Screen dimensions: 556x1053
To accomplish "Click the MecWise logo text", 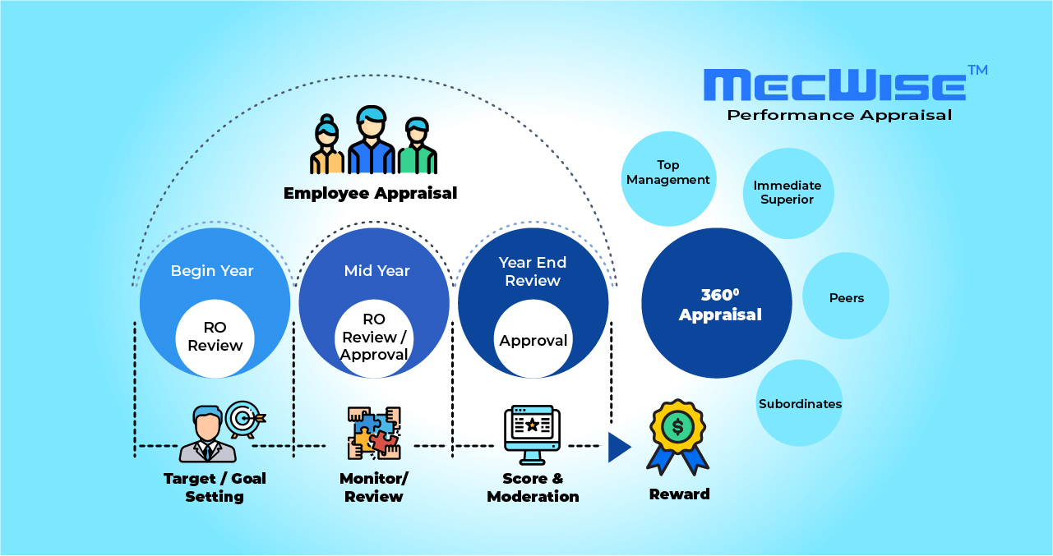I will pos(835,85).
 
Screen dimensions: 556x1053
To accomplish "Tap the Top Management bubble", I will pos(667,172).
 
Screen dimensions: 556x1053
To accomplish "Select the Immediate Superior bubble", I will pos(787,193).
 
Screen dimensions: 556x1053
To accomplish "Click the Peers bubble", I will pos(846,297).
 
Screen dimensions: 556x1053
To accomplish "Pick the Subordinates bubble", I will pos(799,403).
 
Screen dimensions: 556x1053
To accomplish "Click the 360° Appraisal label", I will pos(719,305).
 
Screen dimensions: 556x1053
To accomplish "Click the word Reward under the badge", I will pos(679,494).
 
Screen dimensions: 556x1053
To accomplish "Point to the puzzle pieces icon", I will pos(373,433).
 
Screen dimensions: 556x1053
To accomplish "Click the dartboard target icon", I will pos(243,419).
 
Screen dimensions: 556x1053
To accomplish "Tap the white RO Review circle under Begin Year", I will pos(215,337).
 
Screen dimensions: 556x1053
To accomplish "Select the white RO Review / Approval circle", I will pos(374,337).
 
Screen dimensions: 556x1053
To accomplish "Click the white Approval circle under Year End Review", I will pos(533,340).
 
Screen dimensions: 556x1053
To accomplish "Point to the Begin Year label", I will pos(212,270).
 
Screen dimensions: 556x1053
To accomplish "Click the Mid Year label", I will pos(376,270).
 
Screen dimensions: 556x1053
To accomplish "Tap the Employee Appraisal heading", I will pos(370,193).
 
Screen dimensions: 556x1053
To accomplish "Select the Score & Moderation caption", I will pos(533,487).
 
